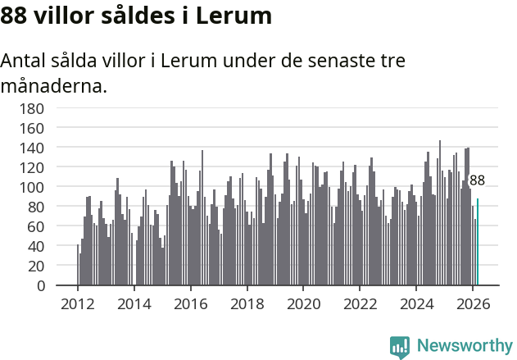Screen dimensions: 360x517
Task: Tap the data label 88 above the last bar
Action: (x=477, y=180)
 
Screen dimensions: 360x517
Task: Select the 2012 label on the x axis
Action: (x=78, y=303)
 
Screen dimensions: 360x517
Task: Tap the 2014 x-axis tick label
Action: (x=134, y=303)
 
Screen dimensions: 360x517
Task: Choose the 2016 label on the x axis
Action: (x=191, y=303)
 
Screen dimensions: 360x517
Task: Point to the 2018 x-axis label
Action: (x=247, y=303)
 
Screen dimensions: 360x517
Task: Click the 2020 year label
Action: (x=303, y=303)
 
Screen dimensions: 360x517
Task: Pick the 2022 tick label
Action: (x=360, y=303)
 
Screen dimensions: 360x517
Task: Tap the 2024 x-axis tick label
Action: (x=416, y=303)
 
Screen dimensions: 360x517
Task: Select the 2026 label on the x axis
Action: (x=473, y=303)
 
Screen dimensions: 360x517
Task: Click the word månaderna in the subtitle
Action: (x=54, y=84)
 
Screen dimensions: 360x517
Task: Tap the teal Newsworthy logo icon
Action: (x=400, y=347)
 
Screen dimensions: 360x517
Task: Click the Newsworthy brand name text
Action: (x=464, y=346)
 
